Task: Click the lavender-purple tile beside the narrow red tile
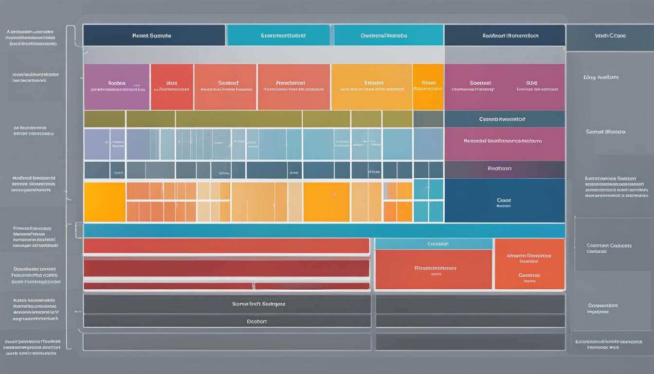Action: (116, 87)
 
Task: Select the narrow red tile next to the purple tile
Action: (172, 87)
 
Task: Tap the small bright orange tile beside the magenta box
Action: (428, 87)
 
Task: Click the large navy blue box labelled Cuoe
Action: (504, 200)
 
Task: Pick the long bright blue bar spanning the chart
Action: (324, 230)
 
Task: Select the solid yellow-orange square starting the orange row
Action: (104, 202)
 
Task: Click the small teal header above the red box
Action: (434, 243)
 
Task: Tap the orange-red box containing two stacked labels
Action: (529, 264)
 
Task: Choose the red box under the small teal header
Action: (434, 269)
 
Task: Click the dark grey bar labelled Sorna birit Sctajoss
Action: (227, 304)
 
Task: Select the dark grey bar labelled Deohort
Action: (227, 321)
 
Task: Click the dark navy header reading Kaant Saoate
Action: (154, 36)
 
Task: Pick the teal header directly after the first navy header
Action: (278, 36)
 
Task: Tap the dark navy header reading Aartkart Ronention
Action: (504, 36)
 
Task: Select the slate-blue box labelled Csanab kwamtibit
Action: (504, 119)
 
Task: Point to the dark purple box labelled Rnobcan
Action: (504, 169)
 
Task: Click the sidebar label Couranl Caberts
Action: (609, 248)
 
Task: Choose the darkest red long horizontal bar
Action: (227, 268)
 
